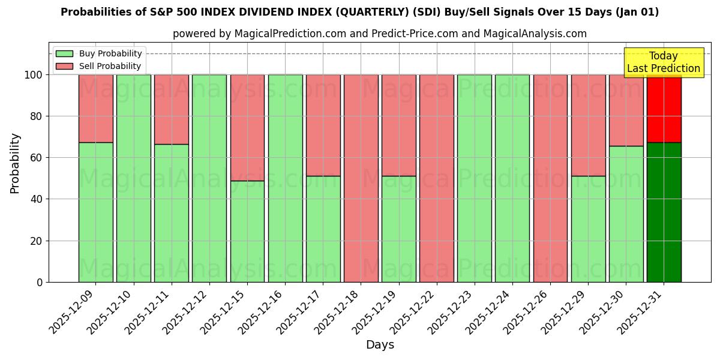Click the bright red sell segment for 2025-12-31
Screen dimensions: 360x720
pyautogui.click(x=664, y=109)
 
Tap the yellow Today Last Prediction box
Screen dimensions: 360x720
pyautogui.click(x=663, y=62)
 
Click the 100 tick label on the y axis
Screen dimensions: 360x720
pyautogui.click(x=33, y=75)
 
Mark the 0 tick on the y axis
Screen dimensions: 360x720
pyautogui.click(x=40, y=282)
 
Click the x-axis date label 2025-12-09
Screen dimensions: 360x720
pyautogui.click(x=72, y=312)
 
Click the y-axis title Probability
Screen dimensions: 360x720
pyautogui.click(x=15, y=163)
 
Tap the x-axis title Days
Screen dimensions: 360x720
pyautogui.click(x=380, y=345)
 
